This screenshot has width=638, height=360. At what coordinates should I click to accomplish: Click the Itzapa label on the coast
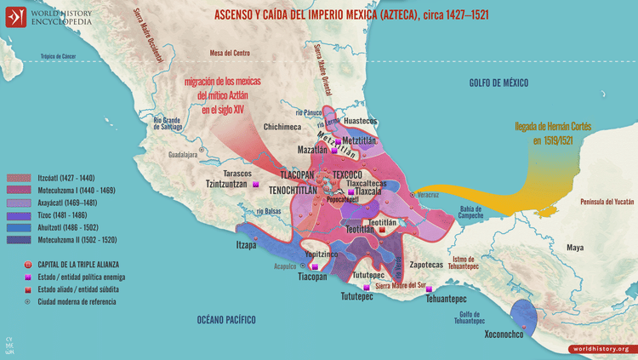point(246,245)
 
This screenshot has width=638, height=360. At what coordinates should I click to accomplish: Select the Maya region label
point(576,248)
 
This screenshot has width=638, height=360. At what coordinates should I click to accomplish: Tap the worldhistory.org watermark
point(600,349)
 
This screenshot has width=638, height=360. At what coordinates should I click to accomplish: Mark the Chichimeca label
point(282,127)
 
